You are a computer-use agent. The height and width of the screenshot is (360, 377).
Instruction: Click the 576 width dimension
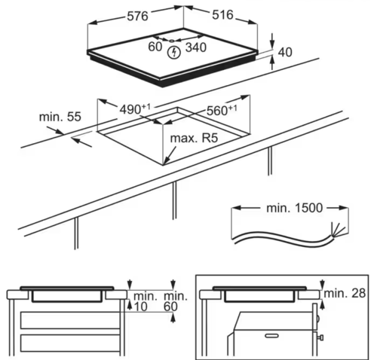tap(137, 17)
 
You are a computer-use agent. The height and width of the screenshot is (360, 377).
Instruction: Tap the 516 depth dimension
tap(222, 15)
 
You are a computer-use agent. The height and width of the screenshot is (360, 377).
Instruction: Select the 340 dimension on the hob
tap(196, 47)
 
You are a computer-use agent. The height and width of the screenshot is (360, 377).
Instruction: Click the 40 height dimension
tap(285, 52)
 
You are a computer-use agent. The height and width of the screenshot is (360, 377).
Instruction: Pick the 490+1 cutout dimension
tap(135, 109)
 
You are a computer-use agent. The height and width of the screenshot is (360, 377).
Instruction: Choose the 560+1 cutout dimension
tap(222, 111)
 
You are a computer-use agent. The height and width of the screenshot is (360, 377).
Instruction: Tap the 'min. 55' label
tap(60, 117)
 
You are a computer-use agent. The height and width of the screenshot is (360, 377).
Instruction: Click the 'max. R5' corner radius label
tap(194, 138)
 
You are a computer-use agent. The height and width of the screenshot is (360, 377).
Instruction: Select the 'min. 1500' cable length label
tap(294, 208)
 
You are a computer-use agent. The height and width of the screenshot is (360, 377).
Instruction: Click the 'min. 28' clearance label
tap(345, 293)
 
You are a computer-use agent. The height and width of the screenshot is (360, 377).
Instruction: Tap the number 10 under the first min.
tap(141, 307)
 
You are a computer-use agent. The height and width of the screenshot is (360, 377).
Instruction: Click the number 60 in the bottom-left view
tap(170, 307)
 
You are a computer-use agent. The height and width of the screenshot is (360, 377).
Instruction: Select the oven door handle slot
tap(271, 336)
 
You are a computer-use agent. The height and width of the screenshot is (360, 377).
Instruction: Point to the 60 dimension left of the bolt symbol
tap(155, 47)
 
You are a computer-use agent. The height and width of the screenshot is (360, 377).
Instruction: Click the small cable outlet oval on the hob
tap(172, 41)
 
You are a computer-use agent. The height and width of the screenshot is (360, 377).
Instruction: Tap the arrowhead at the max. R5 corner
tap(167, 160)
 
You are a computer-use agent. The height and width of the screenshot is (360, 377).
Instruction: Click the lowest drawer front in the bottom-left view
tap(70, 343)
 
